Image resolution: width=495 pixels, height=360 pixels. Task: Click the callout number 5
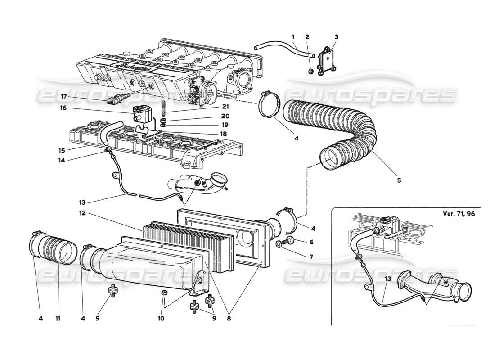399,180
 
